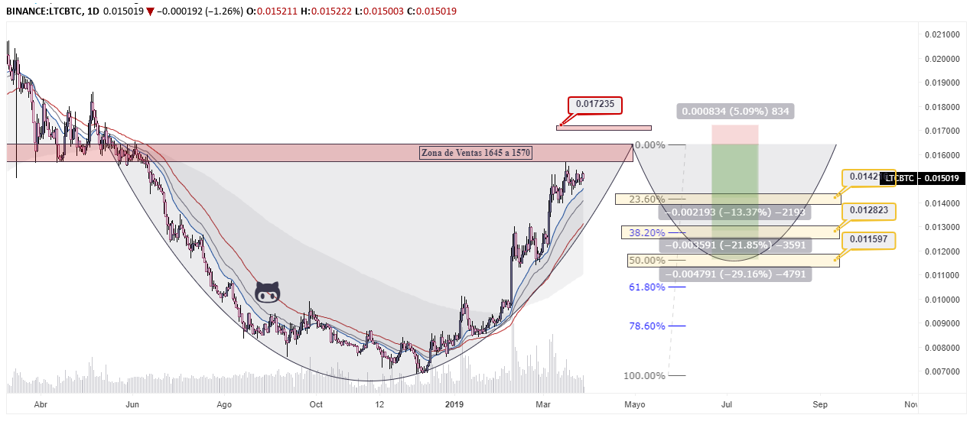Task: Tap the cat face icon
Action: coord(267,292)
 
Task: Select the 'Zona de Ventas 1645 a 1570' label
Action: coord(476,153)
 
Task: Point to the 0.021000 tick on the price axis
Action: coord(942,35)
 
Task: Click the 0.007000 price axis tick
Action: coord(942,372)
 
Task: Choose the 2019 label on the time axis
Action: coord(455,404)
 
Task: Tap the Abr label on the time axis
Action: coord(41,404)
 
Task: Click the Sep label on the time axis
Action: coord(820,404)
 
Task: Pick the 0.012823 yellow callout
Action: coord(867,210)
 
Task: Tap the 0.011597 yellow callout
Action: coord(867,240)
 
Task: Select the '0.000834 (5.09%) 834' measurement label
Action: coord(735,112)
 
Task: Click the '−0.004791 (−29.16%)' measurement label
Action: coord(734,274)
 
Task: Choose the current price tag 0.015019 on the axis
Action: coord(942,179)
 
